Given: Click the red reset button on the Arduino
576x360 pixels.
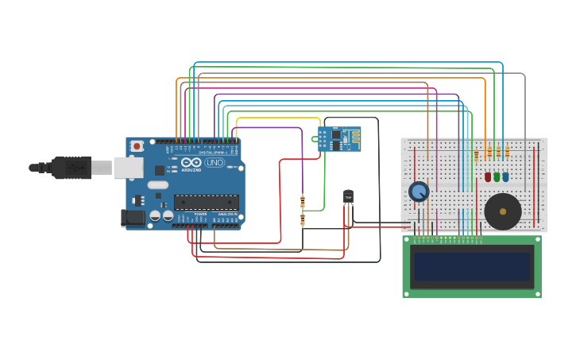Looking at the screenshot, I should [137, 146].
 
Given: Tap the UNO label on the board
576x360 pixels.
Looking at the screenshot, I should [215, 163].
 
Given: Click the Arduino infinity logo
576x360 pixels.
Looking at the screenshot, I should [191, 162].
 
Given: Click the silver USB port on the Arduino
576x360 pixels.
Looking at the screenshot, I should [128, 167].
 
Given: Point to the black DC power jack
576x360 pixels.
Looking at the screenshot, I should [132, 217].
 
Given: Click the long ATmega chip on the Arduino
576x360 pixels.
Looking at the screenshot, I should [206, 203].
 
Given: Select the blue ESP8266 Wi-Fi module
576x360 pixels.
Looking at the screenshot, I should [339, 139].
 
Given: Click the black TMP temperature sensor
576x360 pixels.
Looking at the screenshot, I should [348, 196].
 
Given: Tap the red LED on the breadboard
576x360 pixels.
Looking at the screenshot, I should [488, 176].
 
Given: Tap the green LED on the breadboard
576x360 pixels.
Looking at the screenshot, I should [497, 176].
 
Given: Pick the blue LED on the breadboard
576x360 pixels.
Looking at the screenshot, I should [505, 176].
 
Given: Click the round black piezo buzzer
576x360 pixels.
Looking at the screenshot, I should [502, 211].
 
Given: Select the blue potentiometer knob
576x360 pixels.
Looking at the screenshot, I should [419, 192].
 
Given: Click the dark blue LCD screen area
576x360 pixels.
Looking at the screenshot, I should [471, 266].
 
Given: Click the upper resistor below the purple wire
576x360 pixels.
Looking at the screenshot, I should [302, 201].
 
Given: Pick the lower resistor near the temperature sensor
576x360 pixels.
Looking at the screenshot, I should [302, 219].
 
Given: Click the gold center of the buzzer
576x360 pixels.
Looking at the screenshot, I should [502, 211].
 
